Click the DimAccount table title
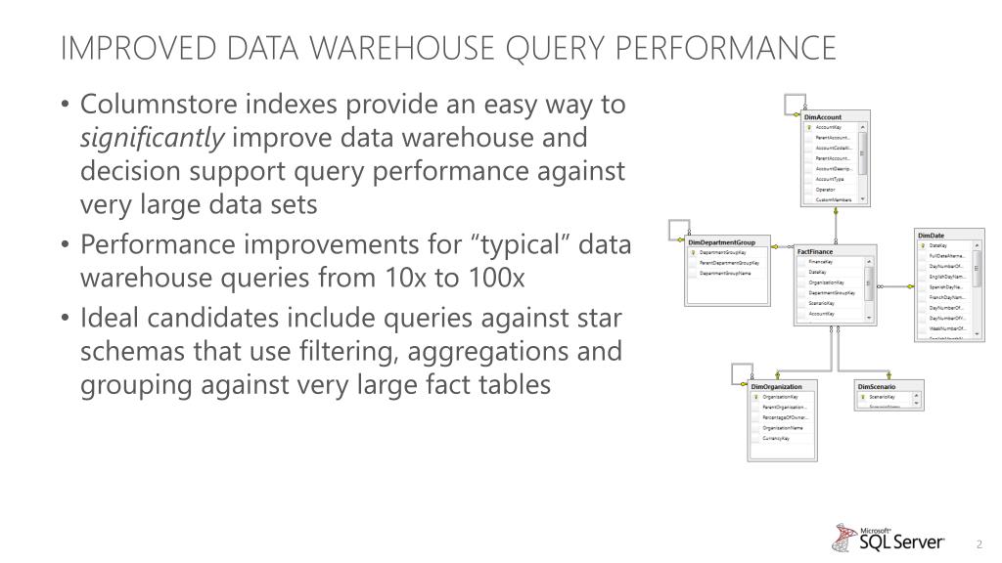pyautogui.click(x=823, y=117)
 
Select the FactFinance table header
pyautogui.click(x=815, y=252)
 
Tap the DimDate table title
pyautogui.click(x=932, y=236)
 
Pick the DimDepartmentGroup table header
pyautogui.click(x=729, y=241)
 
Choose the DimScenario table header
pyautogui.click(x=877, y=387)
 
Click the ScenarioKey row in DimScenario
pyautogui.click(x=883, y=398)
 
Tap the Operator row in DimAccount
pyautogui.click(x=826, y=190)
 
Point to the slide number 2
pyautogui.click(x=978, y=543)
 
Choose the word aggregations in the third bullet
pyautogui.click(x=459, y=352)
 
